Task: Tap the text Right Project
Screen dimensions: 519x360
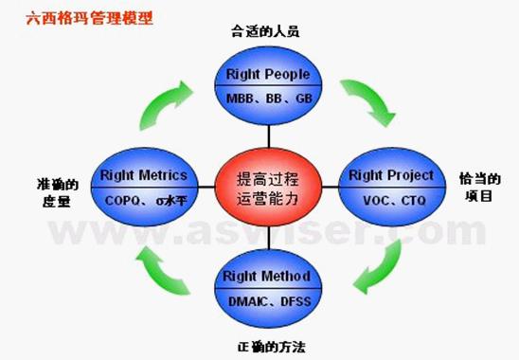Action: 391,174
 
